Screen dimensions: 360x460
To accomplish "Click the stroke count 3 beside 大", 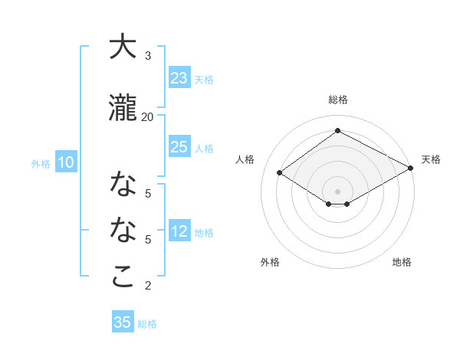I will (x=148, y=56).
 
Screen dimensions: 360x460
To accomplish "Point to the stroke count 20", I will (x=148, y=116).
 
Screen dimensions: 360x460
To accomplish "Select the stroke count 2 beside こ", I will (x=148, y=286).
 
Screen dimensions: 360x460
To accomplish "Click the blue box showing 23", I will (x=179, y=78).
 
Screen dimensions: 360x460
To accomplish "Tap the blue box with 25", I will (x=179, y=147).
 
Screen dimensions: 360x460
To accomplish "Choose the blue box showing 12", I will (x=179, y=232).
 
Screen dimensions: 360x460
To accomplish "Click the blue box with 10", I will (x=66, y=162).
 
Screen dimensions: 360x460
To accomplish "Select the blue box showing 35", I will (x=122, y=322).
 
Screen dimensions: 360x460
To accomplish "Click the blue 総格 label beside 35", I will (x=147, y=324).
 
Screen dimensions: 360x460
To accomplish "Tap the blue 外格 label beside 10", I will (x=41, y=163).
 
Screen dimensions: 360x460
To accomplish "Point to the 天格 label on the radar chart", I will (x=431, y=159).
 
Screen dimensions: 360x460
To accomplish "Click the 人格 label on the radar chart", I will (x=245, y=159).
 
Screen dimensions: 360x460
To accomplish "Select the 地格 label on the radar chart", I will (x=402, y=262).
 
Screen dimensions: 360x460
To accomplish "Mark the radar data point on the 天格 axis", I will (x=412, y=168).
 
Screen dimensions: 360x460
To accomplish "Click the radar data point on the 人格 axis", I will (x=280, y=173).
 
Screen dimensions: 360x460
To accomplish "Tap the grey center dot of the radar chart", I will (x=337, y=191).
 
